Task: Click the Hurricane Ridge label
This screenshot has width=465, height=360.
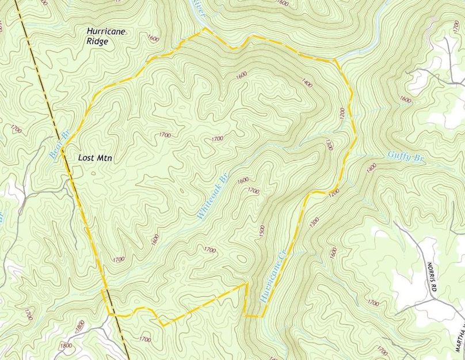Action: pyautogui.click(x=106, y=37)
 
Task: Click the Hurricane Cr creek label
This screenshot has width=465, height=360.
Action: pyautogui.click(x=273, y=276)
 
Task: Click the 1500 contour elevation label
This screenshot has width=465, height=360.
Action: pyautogui.click(x=262, y=232)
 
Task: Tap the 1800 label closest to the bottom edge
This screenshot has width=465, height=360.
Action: pyautogui.click(x=66, y=346)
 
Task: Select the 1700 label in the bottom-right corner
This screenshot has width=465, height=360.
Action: pyautogui.click(x=380, y=350)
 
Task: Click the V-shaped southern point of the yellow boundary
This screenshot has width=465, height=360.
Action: pyautogui.click(x=163, y=325)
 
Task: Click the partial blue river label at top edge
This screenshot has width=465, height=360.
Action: pyautogui.click(x=199, y=4)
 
